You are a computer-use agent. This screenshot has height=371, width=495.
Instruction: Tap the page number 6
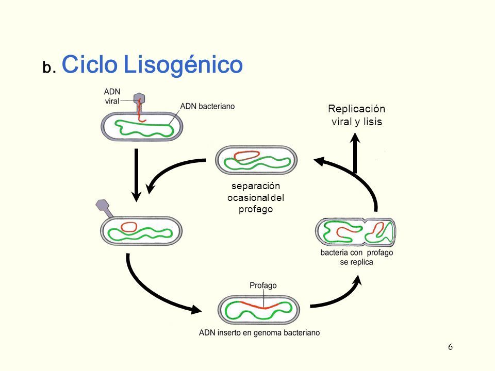click(x=450, y=347)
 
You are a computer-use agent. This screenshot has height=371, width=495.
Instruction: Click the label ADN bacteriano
click(x=207, y=107)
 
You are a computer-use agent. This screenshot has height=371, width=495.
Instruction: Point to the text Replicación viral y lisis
click(x=357, y=115)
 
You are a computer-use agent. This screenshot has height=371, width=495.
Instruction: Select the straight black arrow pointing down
click(x=137, y=175)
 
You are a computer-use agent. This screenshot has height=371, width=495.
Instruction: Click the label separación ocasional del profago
click(x=256, y=197)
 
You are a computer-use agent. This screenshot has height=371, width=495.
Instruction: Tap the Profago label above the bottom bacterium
click(x=263, y=285)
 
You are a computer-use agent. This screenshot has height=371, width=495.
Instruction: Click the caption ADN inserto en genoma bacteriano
click(x=259, y=333)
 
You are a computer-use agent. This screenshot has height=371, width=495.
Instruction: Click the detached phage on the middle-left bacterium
click(x=103, y=207)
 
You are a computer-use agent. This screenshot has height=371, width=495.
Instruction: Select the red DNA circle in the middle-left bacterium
click(x=128, y=226)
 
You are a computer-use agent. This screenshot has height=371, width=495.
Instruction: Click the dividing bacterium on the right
click(x=356, y=232)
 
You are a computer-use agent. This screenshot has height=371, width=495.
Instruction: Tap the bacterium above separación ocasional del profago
click(x=256, y=160)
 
